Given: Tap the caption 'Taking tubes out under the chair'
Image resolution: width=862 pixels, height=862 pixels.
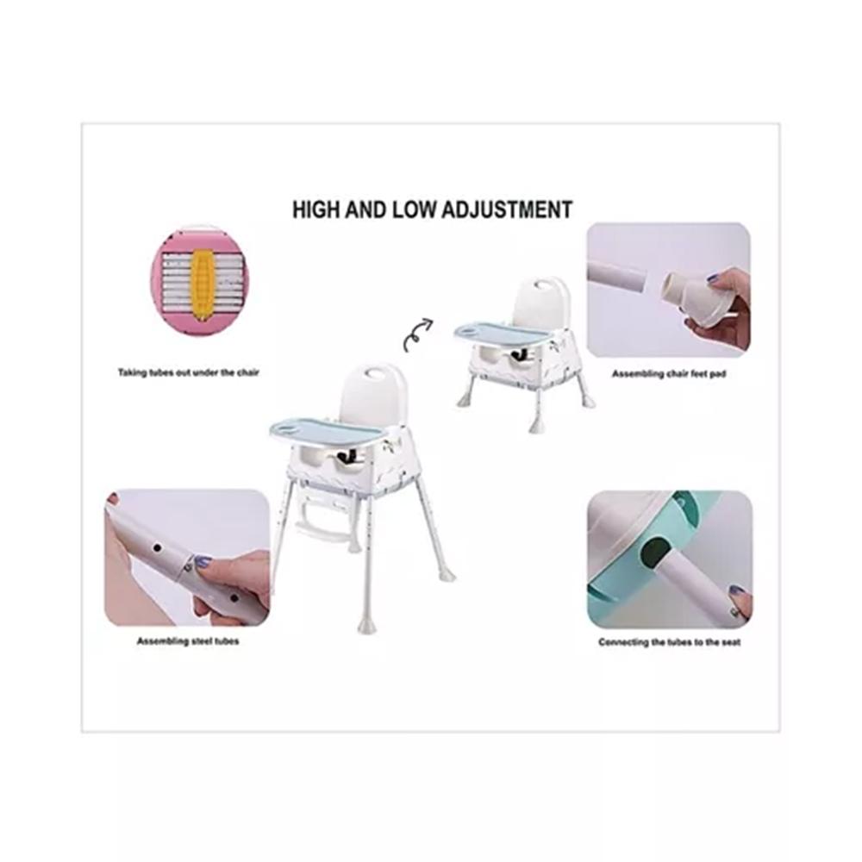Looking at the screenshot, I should coord(189,373).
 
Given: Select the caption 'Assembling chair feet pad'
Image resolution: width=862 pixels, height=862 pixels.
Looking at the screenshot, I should coord(669,374).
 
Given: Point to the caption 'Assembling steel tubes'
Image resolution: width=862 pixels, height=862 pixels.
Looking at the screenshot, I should coord(188,642).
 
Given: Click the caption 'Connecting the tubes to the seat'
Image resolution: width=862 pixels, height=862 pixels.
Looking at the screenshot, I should coord(670,642).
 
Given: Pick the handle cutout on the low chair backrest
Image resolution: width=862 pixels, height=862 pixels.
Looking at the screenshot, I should coord(548,284).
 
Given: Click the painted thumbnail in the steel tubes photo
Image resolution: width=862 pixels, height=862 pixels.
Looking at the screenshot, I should coord(203,562).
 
